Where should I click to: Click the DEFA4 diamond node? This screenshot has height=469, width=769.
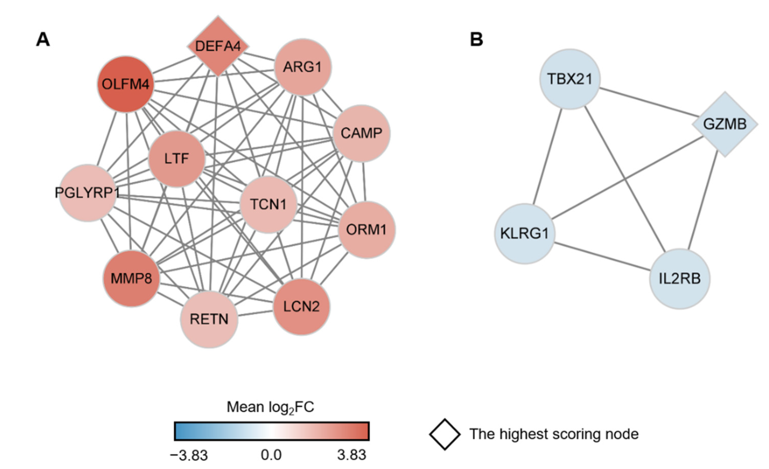coord(218,46)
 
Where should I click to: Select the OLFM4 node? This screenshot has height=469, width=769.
coord(125,84)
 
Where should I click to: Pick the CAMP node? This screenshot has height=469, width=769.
coord(361,134)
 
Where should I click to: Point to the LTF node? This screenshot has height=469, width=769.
coord(177,159)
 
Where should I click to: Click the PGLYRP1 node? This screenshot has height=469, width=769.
coord(88,193)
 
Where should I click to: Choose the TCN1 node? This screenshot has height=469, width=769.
coord(268,204)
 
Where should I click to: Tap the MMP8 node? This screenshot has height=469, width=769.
coord(131,279)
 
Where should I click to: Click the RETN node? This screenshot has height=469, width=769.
coord(209,319)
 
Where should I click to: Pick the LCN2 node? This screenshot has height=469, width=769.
coord(301,306)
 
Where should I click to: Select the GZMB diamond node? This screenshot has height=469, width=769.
coord(725,124)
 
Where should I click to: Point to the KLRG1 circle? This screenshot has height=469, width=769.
coord(524,233)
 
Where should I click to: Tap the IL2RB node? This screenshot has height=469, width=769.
coord(679,279)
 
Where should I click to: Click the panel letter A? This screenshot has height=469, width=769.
coord(43,40)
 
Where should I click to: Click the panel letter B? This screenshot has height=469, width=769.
coord(476,40)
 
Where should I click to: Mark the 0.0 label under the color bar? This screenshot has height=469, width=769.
coord(271,455)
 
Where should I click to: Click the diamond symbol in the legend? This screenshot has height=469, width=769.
coord(444,434)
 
